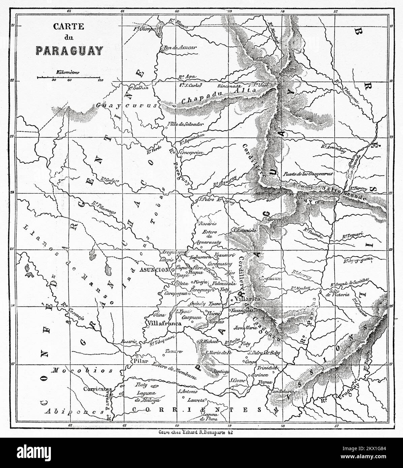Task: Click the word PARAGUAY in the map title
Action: (x=69, y=50)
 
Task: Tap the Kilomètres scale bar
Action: (x=69, y=77)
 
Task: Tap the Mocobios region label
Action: (x=82, y=370)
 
